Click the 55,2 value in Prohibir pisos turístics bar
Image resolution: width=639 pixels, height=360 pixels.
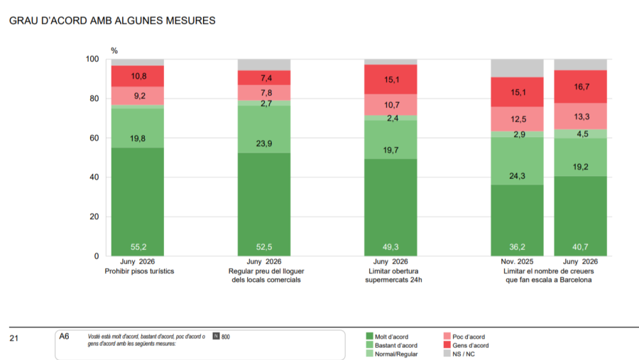click(x=138, y=247)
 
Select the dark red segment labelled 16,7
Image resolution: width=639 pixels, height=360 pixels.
click(x=580, y=87)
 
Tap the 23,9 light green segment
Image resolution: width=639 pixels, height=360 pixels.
click(x=264, y=130)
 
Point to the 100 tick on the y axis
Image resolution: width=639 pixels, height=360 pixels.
click(x=92, y=59)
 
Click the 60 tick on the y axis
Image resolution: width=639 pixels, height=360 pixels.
click(x=94, y=138)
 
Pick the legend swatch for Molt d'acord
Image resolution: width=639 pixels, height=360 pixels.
click(x=369, y=337)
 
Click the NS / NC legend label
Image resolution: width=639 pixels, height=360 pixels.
click(x=464, y=354)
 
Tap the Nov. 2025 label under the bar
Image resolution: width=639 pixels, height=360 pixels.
click(x=517, y=262)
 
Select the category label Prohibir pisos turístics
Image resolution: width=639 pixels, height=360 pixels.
click(x=139, y=271)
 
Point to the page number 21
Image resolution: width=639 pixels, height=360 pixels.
click(x=14, y=338)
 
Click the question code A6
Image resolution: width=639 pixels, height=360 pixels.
click(x=64, y=337)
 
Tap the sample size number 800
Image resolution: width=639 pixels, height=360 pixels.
click(x=225, y=337)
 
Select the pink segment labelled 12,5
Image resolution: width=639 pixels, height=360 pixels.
click(x=517, y=119)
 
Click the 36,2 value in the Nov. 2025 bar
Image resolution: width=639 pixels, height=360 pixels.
click(x=517, y=247)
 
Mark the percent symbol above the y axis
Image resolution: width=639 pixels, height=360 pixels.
click(x=114, y=50)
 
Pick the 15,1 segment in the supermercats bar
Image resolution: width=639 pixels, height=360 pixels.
click(x=390, y=80)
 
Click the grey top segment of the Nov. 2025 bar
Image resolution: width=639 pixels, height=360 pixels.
click(x=517, y=68)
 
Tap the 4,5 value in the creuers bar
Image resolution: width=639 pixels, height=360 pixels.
click(x=582, y=134)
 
